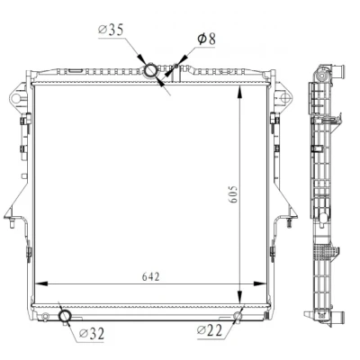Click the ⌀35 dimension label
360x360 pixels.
[x=111, y=30]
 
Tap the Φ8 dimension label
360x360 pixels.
[x=206, y=39]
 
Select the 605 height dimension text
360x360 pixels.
[x=234, y=193]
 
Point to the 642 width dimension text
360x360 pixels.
[x=150, y=276]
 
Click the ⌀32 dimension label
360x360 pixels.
[x=92, y=333]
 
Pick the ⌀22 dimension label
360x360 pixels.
[x=210, y=330]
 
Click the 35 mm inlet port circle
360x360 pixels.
[x=150, y=71]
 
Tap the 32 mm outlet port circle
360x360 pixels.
[x=65, y=316]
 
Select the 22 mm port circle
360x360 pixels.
[x=238, y=316]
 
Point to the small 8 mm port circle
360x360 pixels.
[x=176, y=66]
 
